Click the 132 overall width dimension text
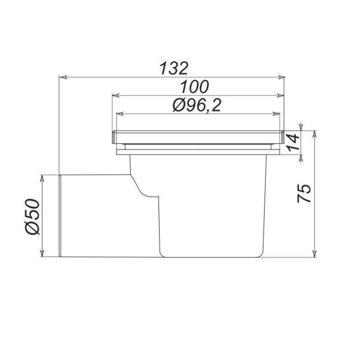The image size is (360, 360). point(174,67)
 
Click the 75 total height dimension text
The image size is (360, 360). point(305,193)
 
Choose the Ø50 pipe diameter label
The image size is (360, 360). point(34,215)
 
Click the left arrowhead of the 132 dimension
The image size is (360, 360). point(62,77)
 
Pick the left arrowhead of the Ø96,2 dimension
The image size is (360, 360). point(119,114)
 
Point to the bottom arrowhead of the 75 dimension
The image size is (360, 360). point(314,253)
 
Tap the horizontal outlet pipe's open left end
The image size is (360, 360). point(61,215)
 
